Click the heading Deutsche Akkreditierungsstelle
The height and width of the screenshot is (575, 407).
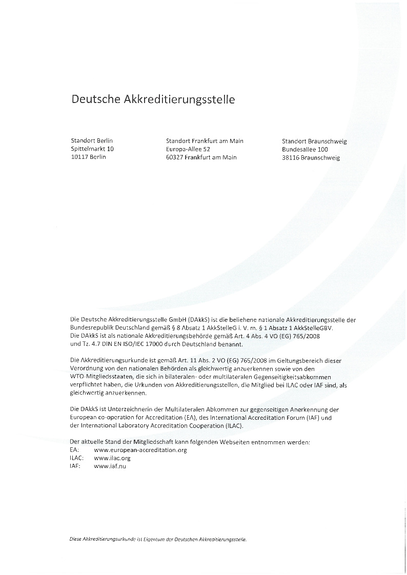coord(153,99)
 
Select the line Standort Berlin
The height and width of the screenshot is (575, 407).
coord(92,140)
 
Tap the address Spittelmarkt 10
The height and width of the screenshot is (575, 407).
coord(92,149)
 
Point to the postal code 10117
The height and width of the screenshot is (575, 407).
coord(79,157)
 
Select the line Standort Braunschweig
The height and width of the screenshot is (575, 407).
coord(314,141)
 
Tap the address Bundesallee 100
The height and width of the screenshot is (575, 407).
coord(304,150)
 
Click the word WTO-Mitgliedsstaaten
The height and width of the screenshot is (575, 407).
coord(99,377)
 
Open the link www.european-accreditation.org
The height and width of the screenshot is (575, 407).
coord(140,450)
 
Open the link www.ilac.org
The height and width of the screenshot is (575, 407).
coord(112,458)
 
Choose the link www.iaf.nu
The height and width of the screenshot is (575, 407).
coord(110,466)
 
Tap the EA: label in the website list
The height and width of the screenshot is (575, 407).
coord(74,450)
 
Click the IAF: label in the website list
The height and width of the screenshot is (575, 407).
coord(75,466)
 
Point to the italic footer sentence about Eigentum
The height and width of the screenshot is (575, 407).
coord(158,540)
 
